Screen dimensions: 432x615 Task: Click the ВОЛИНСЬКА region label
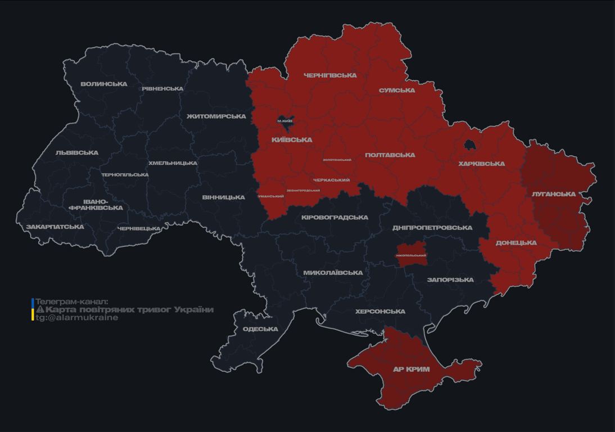[x=104, y=84]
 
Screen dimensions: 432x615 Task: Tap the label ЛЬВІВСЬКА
[x=77, y=153]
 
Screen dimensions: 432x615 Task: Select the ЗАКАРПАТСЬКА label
[x=55, y=227]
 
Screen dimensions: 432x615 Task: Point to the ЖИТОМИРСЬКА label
[x=216, y=116]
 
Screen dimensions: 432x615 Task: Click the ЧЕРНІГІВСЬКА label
[x=330, y=75]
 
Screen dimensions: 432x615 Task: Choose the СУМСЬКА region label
[x=397, y=91]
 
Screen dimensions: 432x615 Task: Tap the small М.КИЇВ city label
[x=285, y=121]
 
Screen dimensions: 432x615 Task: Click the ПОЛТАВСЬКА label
[x=390, y=155]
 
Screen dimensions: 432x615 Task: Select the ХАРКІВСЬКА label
[x=481, y=164]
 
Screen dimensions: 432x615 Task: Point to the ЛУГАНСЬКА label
[x=554, y=194]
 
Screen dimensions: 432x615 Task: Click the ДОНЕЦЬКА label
[x=516, y=243]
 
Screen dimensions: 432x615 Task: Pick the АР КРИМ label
[x=411, y=370]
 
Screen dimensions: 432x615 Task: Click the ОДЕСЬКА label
[x=260, y=329]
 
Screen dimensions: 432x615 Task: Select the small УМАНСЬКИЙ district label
[x=271, y=196]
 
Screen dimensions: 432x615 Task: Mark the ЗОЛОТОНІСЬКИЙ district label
[x=337, y=160]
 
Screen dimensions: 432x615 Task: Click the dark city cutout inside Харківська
[x=469, y=145]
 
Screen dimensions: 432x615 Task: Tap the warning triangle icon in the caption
[x=40, y=309]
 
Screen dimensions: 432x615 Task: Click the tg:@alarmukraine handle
[x=77, y=318]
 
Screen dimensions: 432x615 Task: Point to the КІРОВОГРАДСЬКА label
[x=334, y=218]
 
